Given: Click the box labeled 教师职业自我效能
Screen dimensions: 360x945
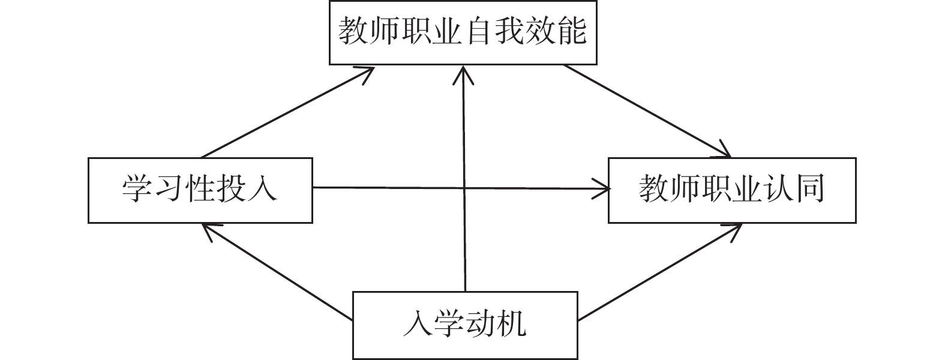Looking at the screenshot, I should tap(463, 32).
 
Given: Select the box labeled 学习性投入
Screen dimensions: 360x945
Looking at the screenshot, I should tap(200, 190).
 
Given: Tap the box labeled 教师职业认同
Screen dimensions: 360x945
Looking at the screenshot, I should tap(732, 190).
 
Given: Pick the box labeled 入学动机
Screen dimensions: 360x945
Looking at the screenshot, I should tap(465, 325).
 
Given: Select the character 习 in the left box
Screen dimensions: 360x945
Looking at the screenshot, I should tap(167, 190).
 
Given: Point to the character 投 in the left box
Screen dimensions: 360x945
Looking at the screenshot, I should tap(232, 190).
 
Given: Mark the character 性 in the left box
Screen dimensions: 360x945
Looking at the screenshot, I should tap(199, 190).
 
